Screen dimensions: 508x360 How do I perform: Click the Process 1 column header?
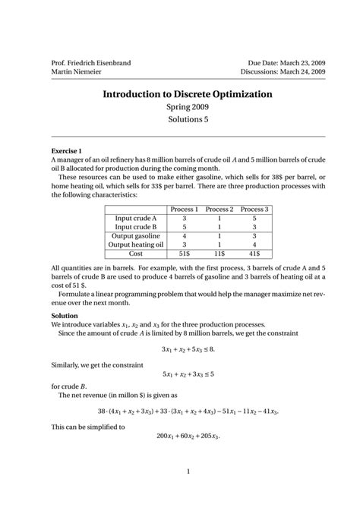[x=185, y=209]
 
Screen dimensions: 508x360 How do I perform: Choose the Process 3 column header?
[x=254, y=209]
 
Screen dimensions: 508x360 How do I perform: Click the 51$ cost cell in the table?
[x=185, y=254]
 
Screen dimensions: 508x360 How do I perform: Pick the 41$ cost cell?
[x=254, y=254]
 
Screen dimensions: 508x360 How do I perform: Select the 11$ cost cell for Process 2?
[x=219, y=254]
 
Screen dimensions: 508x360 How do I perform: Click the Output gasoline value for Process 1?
[x=185, y=235]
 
